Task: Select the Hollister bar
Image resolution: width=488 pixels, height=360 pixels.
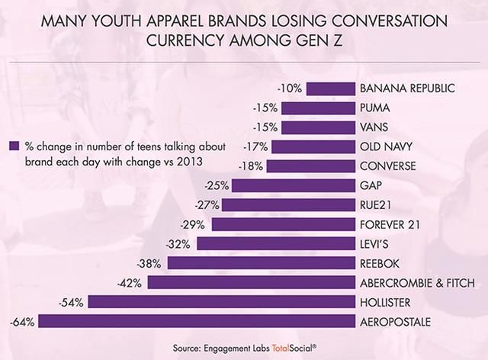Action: (222, 302)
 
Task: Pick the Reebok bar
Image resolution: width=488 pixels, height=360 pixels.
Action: (262, 263)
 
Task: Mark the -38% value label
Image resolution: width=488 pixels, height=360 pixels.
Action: (150, 263)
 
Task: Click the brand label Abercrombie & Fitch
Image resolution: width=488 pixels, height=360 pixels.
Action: (418, 283)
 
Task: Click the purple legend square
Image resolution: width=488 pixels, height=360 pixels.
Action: (12, 144)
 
